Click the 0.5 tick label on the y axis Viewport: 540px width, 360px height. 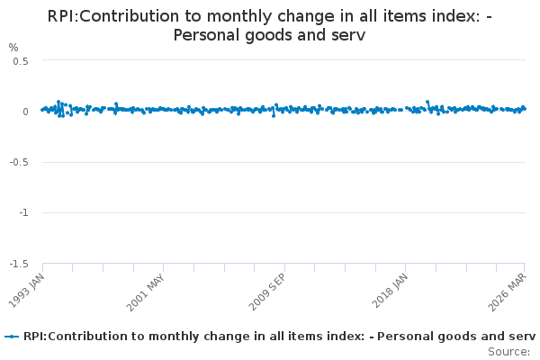[21, 60]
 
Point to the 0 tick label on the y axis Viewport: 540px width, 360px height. [26, 112]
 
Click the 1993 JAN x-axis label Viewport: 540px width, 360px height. [27, 290]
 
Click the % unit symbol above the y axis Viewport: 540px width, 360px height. [13, 47]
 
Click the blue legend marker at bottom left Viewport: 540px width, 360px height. [12, 337]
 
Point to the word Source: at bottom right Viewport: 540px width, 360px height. [508, 351]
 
